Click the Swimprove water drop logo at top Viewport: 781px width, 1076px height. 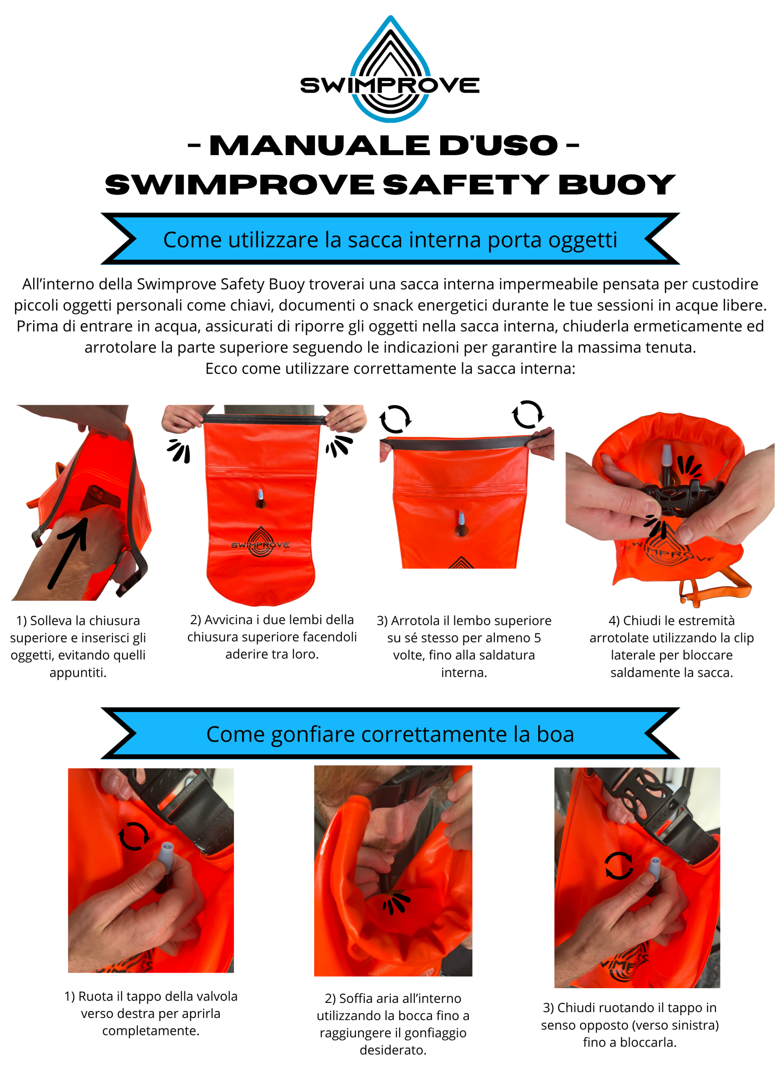390,69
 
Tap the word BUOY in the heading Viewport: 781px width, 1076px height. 616,185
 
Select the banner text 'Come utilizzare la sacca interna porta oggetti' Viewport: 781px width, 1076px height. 390,239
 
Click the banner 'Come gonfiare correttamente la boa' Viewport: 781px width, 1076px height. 390,733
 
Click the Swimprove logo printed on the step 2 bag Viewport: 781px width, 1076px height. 260,542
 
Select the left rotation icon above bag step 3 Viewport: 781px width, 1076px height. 394,419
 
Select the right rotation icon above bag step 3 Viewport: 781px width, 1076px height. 527,414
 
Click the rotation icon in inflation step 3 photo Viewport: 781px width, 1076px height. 618,865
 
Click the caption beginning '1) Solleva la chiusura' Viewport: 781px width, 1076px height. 78,646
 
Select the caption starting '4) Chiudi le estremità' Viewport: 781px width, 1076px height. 671,646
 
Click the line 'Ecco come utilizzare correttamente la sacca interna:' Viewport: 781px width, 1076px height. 390,368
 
